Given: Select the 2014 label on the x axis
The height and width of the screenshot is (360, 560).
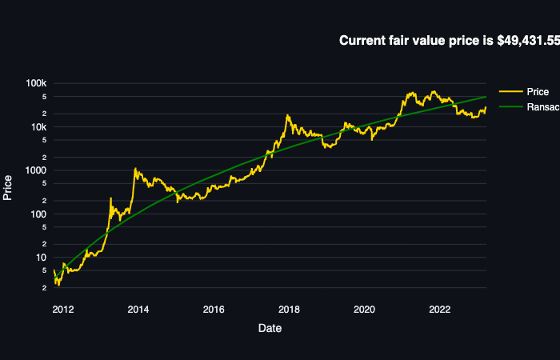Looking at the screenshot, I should pyautogui.click(x=138, y=310).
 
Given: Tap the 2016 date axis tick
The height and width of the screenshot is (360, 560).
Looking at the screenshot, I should pyautogui.click(x=214, y=310).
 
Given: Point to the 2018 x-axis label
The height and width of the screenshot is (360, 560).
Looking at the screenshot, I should pyautogui.click(x=289, y=310).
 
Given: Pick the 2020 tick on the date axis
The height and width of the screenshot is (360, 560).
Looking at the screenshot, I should pyautogui.click(x=365, y=310).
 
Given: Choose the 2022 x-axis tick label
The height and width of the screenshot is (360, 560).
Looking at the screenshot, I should pyautogui.click(x=440, y=310).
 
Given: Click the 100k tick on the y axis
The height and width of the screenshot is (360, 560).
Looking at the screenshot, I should pyautogui.click(x=38, y=84).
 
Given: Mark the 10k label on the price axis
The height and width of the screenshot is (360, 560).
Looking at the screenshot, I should pyautogui.click(x=39, y=127).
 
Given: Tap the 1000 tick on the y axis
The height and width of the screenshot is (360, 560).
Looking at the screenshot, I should pyautogui.click(x=37, y=170).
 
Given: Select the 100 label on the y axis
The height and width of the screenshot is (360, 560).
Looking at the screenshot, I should pyautogui.click(x=39, y=214).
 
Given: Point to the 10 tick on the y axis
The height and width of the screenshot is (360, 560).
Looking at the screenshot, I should pyautogui.click(x=42, y=258).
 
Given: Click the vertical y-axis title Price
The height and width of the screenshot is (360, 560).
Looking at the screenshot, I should pyautogui.click(x=8, y=187).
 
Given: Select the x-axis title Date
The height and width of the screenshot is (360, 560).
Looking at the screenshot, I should pyautogui.click(x=270, y=328).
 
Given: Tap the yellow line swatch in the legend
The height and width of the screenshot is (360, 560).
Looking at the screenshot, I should pyautogui.click(x=510, y=92).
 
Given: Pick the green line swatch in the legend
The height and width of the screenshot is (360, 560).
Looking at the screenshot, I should pyautogui.click(x=510, y=107).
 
